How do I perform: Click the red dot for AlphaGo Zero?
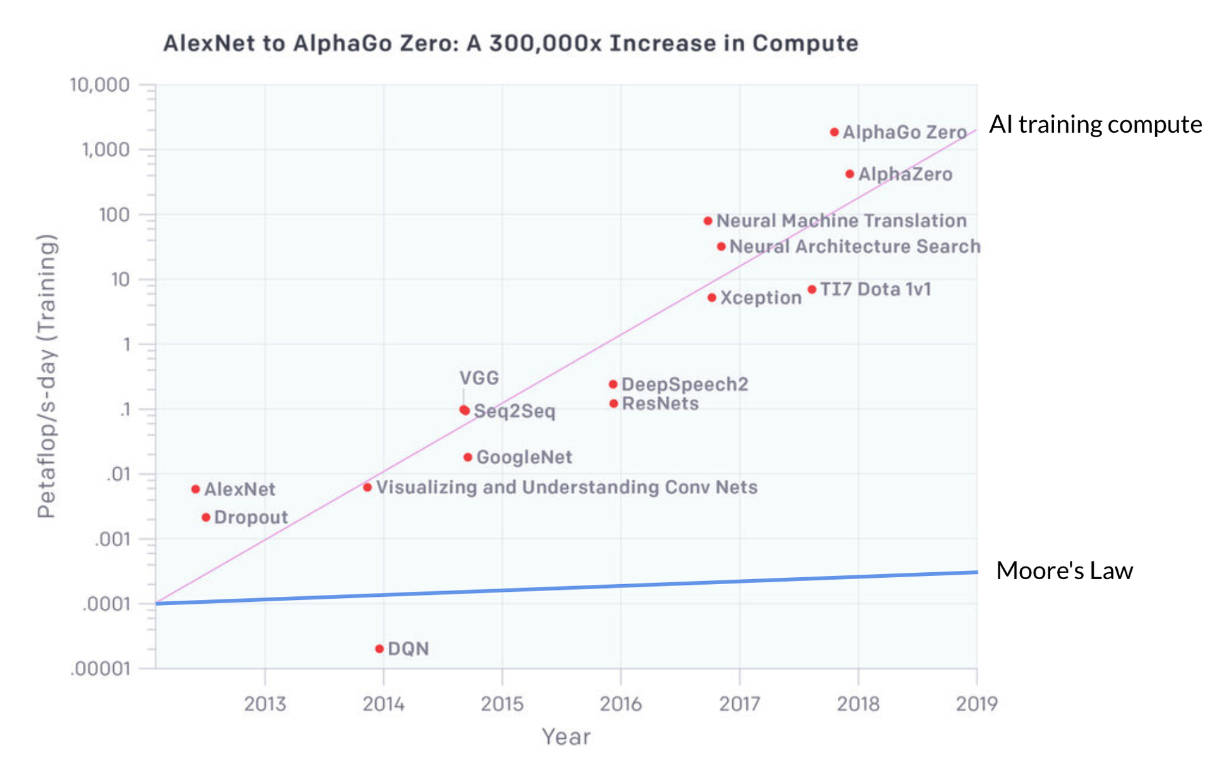(x=834, y=132)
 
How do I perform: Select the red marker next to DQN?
(x=379, y=649)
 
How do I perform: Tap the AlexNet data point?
(x=195, y=489)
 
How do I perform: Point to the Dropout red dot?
(x=205, y=517)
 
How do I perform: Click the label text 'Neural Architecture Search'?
(x=855, y=247)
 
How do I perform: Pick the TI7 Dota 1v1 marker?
(x=812, y=290)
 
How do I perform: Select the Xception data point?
(x=712, y=298)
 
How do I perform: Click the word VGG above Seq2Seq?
(x=479, y=378)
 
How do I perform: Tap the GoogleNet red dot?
(x=468, y=457)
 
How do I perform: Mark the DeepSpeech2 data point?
(x=613, y=384)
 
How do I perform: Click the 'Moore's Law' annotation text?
(x=1064, y=570)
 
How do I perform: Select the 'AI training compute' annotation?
(x=1095, y=125)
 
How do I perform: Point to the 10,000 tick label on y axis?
(x=99, y=85)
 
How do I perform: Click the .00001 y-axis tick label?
(x=99, y=669)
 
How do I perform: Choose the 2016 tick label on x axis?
(x=620, y=704)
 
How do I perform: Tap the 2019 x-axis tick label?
(x=976, y=704)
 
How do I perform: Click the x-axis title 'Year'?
(x=566, y=737)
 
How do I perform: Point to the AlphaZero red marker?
(x=850, y=174)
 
